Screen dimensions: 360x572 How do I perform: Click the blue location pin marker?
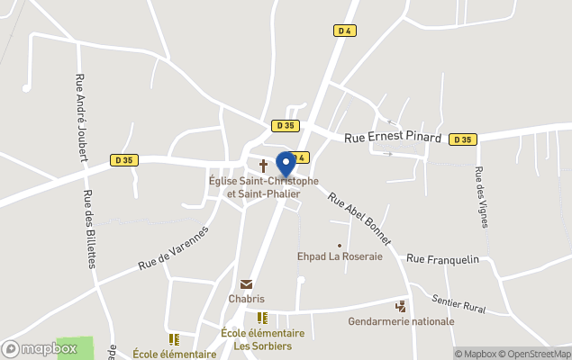tap(286, 165)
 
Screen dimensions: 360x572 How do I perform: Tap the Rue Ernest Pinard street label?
tap(393, 139)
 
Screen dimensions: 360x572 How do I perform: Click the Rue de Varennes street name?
tap(174, 247)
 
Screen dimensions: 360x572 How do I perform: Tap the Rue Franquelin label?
tap(442, 258)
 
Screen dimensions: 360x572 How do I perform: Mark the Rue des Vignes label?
tap(481, 198)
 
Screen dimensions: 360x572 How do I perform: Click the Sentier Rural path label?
tap(459, 303)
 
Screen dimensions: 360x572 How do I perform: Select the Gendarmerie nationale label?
tap(402, 321)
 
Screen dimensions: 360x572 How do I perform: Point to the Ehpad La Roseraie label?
tap(340, 256)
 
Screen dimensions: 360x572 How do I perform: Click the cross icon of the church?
tap(264, 166)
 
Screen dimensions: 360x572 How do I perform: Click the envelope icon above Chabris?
tap(247, 284)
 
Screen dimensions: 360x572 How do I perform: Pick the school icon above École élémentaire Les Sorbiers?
tap(262, 318)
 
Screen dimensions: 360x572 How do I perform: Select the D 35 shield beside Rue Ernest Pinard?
tap(463, 139)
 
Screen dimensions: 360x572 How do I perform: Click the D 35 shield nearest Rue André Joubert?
tap(124, 160)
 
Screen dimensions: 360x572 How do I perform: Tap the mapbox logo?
tap(40, 348)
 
